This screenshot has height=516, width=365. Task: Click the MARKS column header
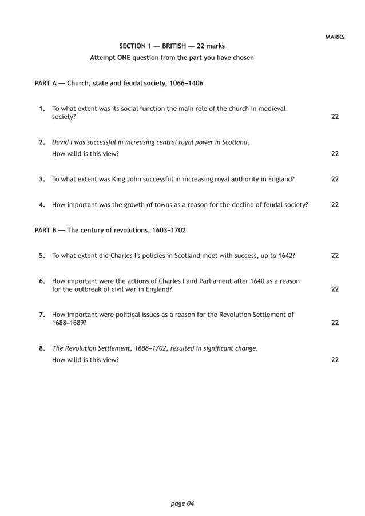tap(335, 37)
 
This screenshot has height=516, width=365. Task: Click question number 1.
tap(42, 108)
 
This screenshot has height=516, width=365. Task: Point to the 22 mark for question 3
tap(335, 179)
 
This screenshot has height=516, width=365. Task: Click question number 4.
tap(42, 204)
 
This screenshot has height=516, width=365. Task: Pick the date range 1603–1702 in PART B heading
tap(168, 230)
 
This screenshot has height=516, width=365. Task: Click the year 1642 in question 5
tap(285, 255)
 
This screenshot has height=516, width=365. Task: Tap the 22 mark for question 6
tap(335, 289)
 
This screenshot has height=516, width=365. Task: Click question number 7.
tap(42, 314)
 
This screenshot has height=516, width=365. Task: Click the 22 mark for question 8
tap(335, 359)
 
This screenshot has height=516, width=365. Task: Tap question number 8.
tap(42, 348)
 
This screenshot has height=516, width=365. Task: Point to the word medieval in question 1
tap(272, 108)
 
